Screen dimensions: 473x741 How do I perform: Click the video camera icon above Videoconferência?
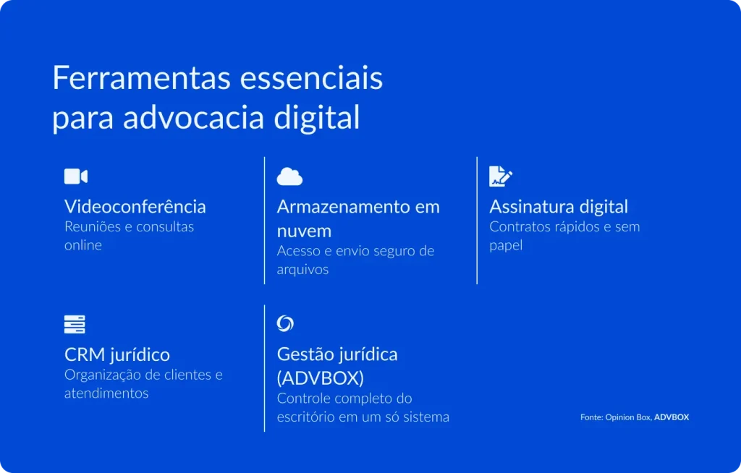76,176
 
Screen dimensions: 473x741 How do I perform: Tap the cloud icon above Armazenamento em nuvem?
289,176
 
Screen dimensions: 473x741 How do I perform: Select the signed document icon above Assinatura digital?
501,176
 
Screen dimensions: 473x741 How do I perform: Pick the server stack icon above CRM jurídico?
75,324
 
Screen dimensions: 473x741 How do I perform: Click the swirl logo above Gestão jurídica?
285,323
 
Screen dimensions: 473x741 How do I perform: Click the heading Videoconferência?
135,207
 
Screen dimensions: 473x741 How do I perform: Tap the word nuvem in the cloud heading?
304,231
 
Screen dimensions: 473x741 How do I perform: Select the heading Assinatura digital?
559,207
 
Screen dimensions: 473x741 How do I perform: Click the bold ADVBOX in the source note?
672,417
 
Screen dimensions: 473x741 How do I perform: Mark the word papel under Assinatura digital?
506,245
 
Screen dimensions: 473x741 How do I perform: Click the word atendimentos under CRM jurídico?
106,393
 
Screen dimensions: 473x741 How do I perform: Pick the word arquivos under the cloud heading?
302,270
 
